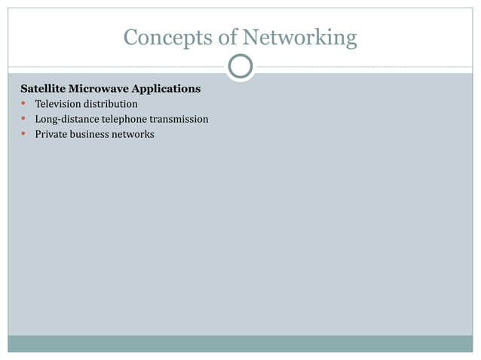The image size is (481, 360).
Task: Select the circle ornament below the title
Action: tap(240, 67)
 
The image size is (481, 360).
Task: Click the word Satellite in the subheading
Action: tap(43, 89)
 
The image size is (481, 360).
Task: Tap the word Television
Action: tap(59, 104)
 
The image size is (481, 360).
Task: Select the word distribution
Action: tap(112, 104)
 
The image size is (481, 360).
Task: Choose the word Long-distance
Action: tap(67, 119)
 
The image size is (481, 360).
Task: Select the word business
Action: tap(90, 134)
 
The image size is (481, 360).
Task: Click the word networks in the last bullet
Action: tap(133, 134)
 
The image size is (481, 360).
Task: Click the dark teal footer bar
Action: tap(240, 343)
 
